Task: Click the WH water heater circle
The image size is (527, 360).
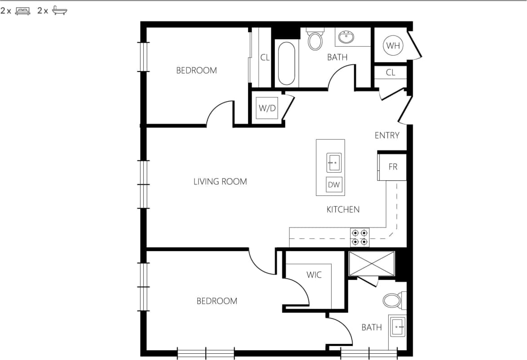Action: coord(393,45)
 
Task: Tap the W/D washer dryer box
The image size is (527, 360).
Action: coord(266,108)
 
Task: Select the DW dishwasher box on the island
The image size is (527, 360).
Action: coord(333,184)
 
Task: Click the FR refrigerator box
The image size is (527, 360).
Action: coord(393,167)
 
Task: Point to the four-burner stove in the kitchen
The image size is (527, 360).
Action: coord(360,237)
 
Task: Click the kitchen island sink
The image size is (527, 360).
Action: coord(333,162)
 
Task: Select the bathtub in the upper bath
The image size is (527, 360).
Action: coord(287,63)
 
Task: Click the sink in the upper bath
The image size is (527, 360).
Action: coord(346,38)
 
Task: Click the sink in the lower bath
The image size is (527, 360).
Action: coord(398,327)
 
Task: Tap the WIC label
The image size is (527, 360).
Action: coord(314,275)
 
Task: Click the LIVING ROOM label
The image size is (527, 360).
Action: coord(220,182)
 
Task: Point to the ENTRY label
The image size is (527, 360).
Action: coord(387,135)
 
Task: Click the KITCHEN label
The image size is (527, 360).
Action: coord(343,209)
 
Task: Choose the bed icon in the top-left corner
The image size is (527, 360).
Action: coord(22,11)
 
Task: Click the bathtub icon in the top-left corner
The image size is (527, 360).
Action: coord(59,11)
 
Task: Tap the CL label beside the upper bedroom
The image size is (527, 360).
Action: coord(265,58)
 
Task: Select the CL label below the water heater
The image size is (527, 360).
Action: coord(390,72)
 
